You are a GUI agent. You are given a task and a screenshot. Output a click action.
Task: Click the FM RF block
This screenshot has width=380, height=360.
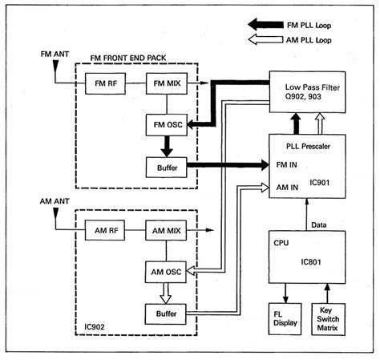coord(105,83)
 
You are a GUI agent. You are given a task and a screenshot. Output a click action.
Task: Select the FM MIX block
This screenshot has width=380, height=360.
coord(167,83)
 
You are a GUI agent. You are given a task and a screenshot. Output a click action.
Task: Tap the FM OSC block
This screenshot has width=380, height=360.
coord(167,125)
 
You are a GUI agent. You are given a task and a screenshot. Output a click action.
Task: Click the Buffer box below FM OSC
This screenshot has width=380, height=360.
coord(166,168)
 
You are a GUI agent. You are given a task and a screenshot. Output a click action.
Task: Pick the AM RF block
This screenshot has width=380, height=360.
coord(105,230)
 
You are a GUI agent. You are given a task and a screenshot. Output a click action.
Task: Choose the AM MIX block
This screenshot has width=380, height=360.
coord(166,230)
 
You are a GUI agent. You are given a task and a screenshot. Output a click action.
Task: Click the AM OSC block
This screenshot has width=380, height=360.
coord(166,272)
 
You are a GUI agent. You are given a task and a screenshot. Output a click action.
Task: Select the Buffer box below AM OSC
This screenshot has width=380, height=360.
coord(166,314)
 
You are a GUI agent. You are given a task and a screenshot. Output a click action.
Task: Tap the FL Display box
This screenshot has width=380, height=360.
coord(285,319)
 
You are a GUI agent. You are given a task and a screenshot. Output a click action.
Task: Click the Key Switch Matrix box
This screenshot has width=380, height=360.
coord(329,319)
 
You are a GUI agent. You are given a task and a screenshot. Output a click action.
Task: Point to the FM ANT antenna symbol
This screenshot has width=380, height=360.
coord(55,66)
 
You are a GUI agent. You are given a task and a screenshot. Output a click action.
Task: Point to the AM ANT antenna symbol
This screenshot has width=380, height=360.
coord(55,214)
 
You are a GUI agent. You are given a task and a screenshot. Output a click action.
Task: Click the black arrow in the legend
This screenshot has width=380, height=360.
coord(265,25)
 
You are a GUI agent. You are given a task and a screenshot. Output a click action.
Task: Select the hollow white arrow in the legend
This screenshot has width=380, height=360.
coord(265,39)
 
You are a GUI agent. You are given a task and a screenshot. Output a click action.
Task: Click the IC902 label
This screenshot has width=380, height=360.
coord(95,327)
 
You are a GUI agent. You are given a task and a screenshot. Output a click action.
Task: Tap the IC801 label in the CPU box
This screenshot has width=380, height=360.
coord(311,262)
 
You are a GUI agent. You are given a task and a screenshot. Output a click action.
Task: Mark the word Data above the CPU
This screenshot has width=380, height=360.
coord(318,225)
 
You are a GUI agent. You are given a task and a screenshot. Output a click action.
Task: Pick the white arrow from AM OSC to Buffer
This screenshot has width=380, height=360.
coord(166,293)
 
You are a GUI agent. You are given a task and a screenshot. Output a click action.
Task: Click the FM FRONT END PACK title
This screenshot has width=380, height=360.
coord(128,58)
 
